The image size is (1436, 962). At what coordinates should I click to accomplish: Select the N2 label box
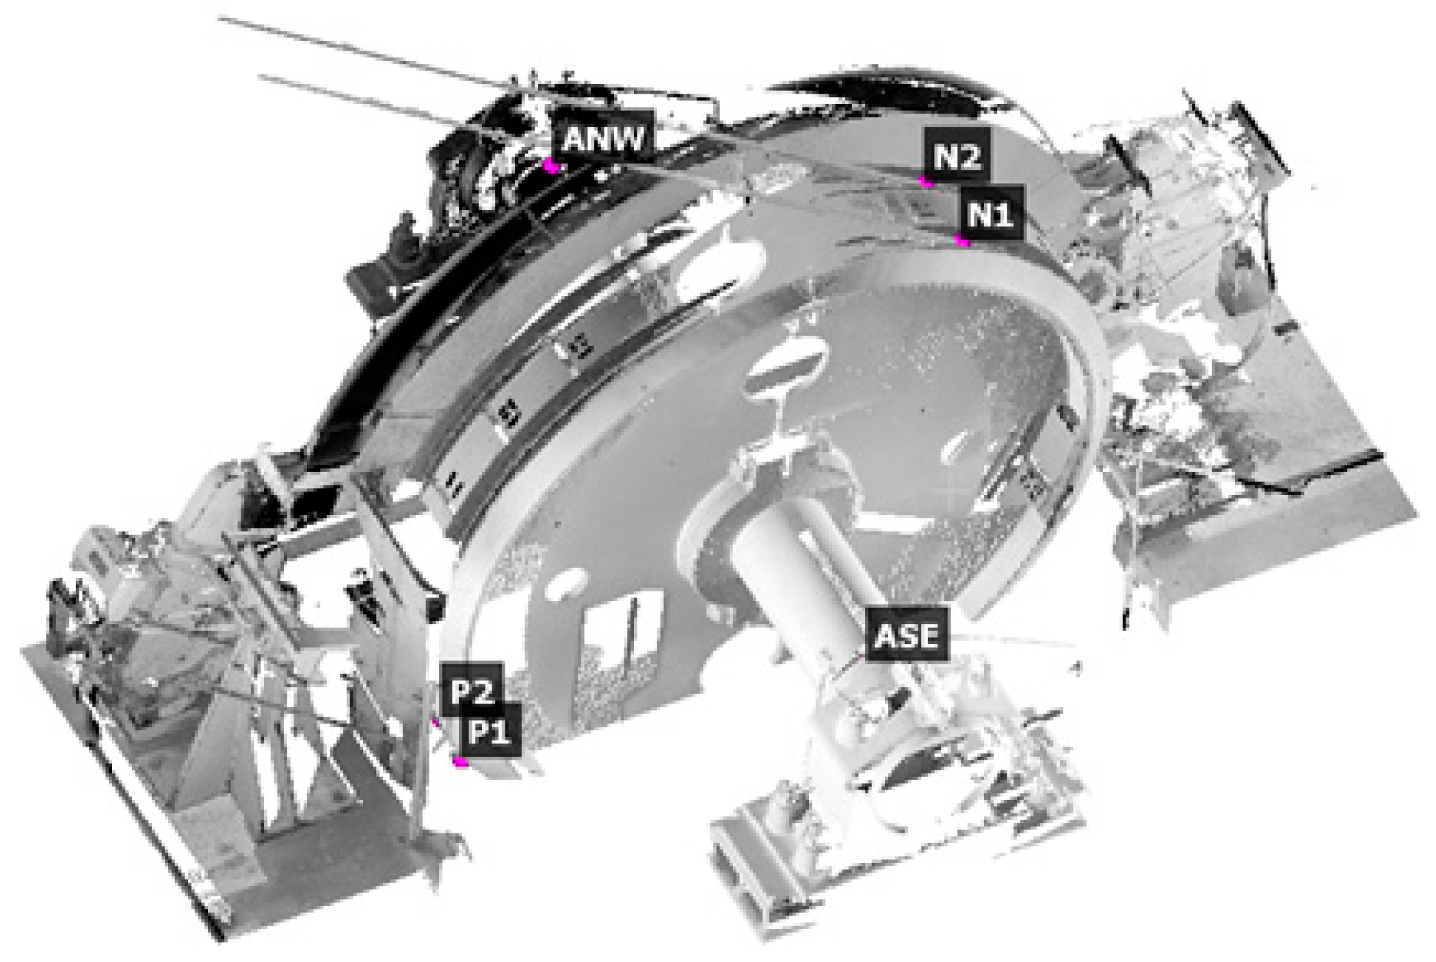click(x=957, y=156)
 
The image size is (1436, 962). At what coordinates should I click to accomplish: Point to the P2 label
click(x=472, y=691)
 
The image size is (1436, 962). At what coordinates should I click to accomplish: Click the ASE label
click(x=907, y=635)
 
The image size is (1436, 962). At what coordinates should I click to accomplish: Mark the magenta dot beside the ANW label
click(x=550, y=165)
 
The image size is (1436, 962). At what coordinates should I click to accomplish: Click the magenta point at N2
click(x=927, y=181)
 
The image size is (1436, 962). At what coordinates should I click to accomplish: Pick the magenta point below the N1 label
click(x=961, y=240)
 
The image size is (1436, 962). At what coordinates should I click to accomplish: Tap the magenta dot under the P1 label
click(x=462, y=761)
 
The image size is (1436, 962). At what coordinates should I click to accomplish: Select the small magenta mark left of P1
click(x=435, y=722)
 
